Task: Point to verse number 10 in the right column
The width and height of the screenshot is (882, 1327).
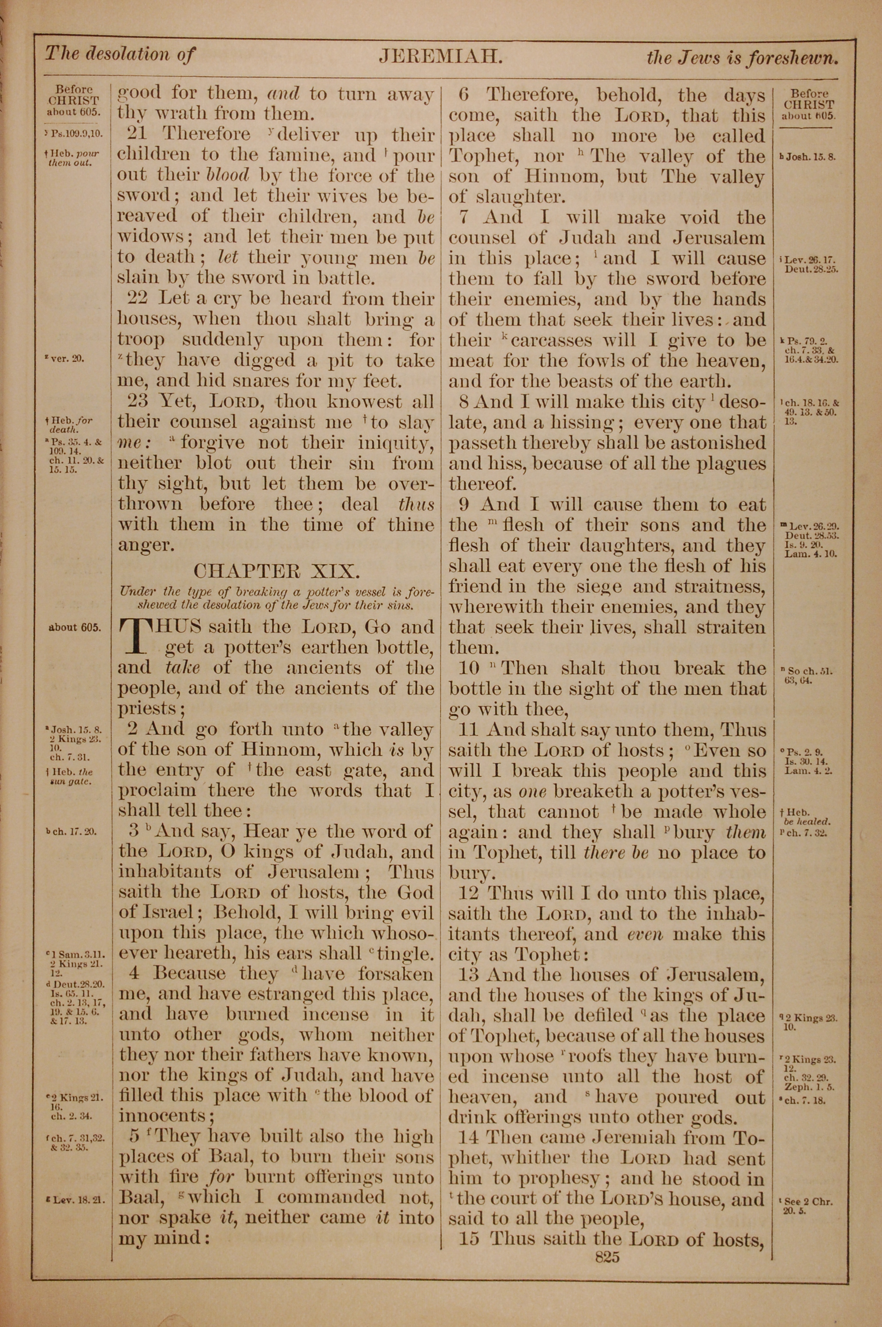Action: click(468, 668)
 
